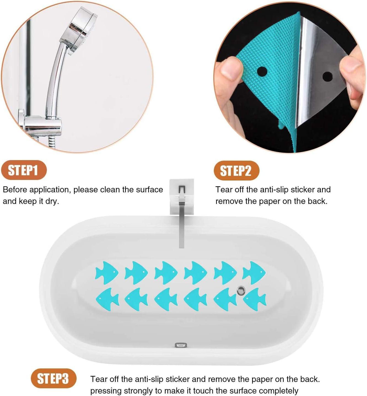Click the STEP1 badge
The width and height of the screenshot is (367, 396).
[x=24, y=170]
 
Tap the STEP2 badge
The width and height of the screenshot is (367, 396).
[x=237, y=171]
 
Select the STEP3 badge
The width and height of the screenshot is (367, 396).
[x=54, y=378]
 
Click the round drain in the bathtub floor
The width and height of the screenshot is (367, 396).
[x=241, y=290]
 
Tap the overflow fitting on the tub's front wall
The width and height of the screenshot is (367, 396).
[x=181, y=345]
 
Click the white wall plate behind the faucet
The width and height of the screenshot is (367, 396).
[x=182, y=196]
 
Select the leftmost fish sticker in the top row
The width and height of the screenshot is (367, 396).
[x=107, y=273]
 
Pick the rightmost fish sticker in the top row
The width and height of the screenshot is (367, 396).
[x=254, y=273]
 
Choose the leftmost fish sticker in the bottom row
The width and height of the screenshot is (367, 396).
[x=107, y=299]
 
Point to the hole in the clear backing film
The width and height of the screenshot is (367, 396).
[x=327, y=77]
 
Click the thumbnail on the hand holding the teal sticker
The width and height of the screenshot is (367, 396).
[x=231, y=68]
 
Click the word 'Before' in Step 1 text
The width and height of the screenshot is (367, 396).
[x=15, y=189]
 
